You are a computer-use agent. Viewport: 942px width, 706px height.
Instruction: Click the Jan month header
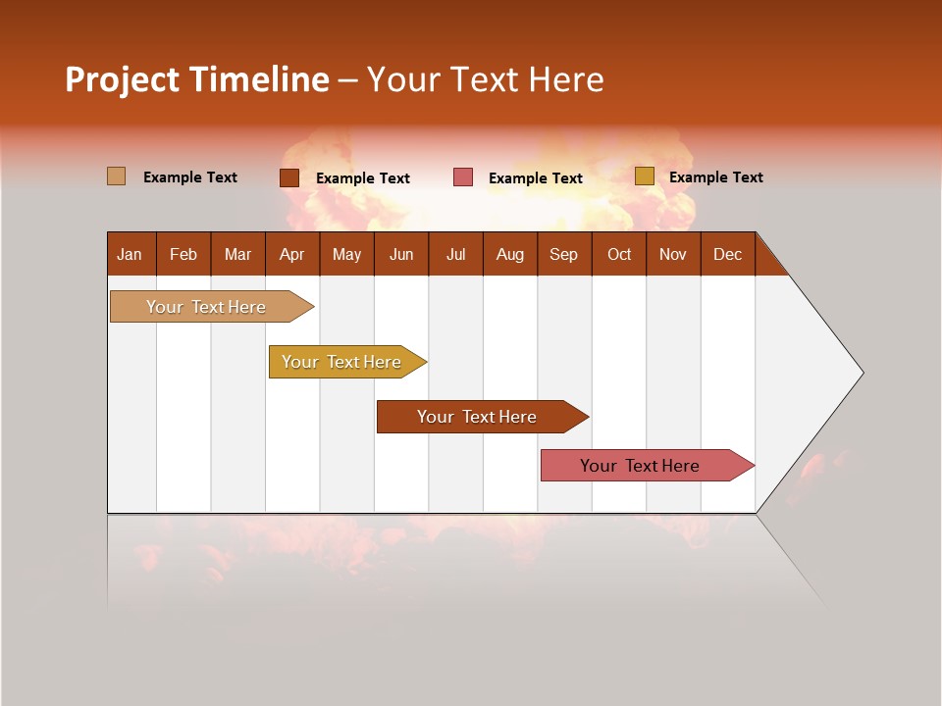pyautogui.click(x=130, y=254)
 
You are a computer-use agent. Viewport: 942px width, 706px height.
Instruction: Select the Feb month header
pyautogui.click(x=183, y=254)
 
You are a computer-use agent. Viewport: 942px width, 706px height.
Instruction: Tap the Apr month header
pyautogui.click(x=291, y=254)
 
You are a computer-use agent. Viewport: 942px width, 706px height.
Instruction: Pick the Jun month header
pyautogui.click(x=400, y=254)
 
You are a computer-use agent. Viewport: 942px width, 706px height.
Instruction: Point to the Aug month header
pyautogui.click(x=509, y=254)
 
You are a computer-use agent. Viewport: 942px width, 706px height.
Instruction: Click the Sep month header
pyautogui.click(x=563, y=254)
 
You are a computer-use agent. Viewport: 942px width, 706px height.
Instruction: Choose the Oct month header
pyautogui.click(x=618, y=254)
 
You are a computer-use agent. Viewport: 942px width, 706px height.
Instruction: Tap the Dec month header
pyautogui.click(x=727, y=254)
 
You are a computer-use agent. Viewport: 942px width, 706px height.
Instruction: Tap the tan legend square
pyautogui.click(x=116, y=176)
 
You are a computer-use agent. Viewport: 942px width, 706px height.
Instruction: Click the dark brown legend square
pyautogui.click(x=288, y=177)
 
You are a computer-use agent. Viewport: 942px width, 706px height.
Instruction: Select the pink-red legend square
pyautogui.click(x=462, y=177)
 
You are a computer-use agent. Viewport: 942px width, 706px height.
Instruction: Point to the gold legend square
pyautogui.click(x=644, y=176)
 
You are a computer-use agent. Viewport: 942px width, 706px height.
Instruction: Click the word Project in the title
pyautogui.click(x=122, y=79)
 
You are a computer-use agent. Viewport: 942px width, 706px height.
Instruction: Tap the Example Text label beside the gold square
pyautogui.click(x=715, y=177)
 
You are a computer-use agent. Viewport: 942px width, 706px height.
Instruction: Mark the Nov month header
pyautogui.click(x=672, y=254)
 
